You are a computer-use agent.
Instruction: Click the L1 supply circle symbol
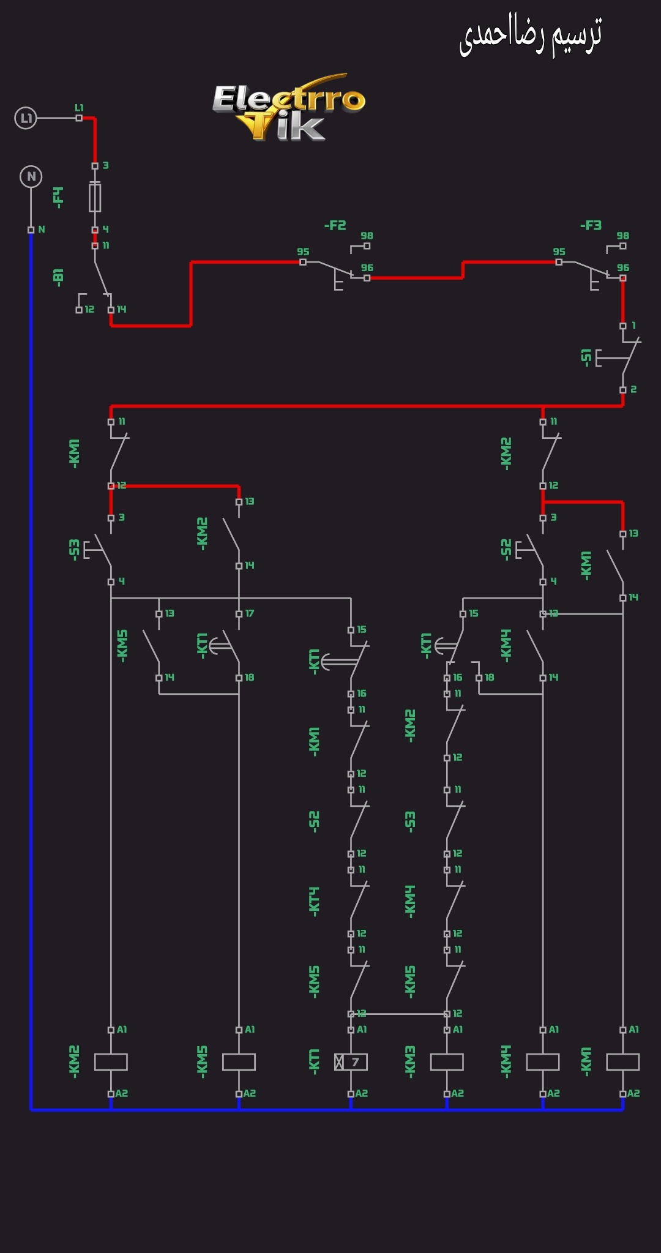pyautogui.click(x=26, y=118)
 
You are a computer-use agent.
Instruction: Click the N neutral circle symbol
pyautogui.click(x=31, y=177)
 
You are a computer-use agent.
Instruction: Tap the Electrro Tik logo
pyautogui.click(x=289, y=108)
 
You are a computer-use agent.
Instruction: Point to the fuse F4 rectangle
pyautogui.click(x=95, y=197)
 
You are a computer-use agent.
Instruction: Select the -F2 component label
pyautogui.click(x=335, y=225)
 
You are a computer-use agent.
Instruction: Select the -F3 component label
pyautogui.click(x=591, y=225)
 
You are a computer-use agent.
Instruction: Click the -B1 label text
pyautogui.click(x=59, y=276)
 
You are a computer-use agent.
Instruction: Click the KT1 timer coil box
pyautogui.click(x=351, y=1062)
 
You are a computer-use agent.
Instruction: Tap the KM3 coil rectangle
pyautogui.click(x=447, y=1062)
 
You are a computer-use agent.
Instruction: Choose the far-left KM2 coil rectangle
pyautogui.click(x=111, y=1062)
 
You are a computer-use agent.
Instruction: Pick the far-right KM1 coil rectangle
pyautogui.click(x=622, y=1062)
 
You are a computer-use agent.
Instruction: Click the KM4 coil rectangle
pyautogui.click(x=543, y=1062)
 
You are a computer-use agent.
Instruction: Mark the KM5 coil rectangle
pyautogui.click(x=239, y=1062)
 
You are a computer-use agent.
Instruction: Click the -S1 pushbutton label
pyautogui.click(x=586, y=357)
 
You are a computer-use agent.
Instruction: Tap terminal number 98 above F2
pyautogui.click(x=367, y=236)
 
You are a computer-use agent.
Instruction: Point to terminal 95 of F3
pyautogui.click(x=559, y=252)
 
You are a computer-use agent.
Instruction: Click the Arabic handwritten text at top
pyautogui.click(x=531, y=36)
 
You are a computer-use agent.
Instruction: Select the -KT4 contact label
pyautogui.click(x=314, y=901)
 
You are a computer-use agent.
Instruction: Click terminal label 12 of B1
pyautogui.click(x=89, y=310)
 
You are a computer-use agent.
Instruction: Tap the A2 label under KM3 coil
pyautogui.click(x=457, y=1093)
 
